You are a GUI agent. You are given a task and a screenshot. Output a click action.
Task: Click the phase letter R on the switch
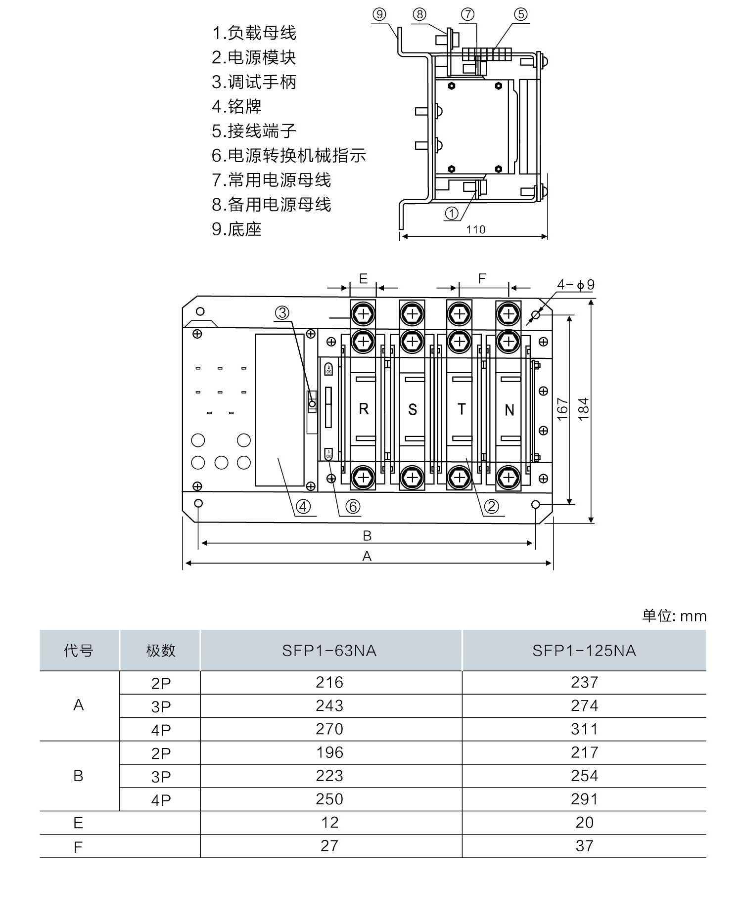click(364, 409)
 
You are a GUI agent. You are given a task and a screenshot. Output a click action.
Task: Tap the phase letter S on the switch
click(413, 409)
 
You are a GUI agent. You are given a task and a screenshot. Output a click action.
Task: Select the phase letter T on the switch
click(461, 409)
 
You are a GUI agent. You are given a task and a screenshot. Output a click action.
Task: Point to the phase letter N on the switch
click(509, 410)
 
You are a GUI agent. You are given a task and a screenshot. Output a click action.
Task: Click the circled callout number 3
click(282, 312)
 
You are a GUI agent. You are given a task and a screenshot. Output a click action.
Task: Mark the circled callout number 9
click(379, 14)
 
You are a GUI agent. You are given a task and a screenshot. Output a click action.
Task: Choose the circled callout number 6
click(353, 506)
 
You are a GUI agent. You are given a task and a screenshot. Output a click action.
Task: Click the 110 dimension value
click(476, 229)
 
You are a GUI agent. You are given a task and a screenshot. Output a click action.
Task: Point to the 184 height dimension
click(584, 409)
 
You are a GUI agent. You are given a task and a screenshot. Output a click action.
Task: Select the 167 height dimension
click(562, 409)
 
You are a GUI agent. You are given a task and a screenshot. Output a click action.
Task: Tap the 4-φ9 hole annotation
click(576, 285)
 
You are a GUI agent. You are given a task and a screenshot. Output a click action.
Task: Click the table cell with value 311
click(584, 729)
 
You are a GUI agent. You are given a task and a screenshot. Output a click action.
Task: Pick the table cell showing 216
click(329, 682)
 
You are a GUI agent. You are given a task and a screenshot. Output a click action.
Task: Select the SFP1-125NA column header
click(584, 651)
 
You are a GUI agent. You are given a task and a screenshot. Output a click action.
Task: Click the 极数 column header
click(161, 651)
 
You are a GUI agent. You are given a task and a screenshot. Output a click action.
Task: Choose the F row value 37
click(584, 846)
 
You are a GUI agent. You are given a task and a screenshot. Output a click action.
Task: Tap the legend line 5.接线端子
click(254, 131)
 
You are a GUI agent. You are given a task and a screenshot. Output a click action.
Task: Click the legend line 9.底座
click(236, 229)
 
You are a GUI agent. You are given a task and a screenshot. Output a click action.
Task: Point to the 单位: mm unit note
click(674, 616)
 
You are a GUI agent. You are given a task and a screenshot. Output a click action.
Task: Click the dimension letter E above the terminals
click(363, 279)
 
